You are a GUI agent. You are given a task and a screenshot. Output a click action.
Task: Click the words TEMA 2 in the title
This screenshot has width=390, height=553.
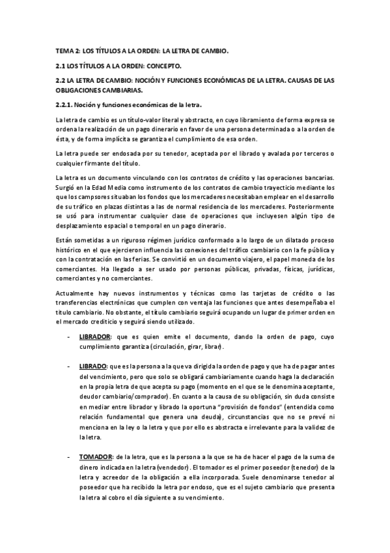click(66, 50)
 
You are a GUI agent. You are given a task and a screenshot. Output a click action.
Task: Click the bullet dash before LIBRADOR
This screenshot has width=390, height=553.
click(68, 336)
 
